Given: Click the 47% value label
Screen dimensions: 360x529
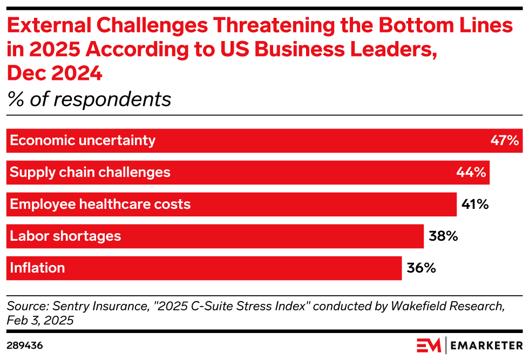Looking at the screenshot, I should point(504,141).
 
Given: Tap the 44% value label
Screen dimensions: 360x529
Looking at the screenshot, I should point(471,173).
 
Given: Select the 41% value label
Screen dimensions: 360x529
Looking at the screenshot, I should point(475,205).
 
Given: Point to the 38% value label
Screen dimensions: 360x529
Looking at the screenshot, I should point(443,236).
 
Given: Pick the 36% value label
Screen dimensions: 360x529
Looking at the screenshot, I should point(421,268).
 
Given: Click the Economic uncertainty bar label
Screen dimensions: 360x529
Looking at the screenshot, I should point(83,141).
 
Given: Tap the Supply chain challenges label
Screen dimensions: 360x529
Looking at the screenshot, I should point(90,173).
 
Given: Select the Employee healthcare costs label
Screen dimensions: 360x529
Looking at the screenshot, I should point(100,205).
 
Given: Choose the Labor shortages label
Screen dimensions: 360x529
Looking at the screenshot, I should point(65,236).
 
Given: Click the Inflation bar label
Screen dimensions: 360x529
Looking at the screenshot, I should point(37,268).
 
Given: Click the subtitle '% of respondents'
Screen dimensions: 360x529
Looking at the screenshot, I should point(89,99).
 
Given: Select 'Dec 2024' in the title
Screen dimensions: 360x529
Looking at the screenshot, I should point(55,73).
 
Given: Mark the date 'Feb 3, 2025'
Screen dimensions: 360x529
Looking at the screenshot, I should point(40,320).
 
